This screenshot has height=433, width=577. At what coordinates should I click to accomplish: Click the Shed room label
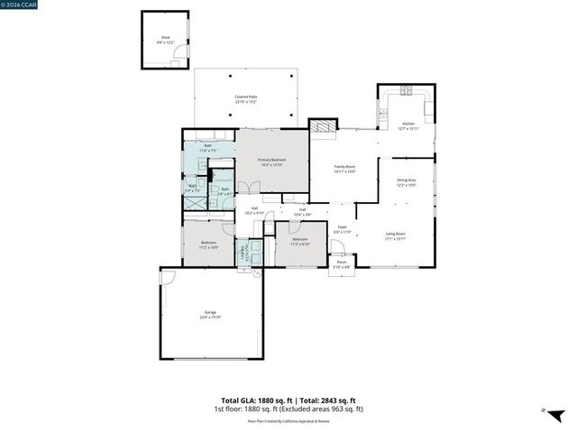tap(165, 39)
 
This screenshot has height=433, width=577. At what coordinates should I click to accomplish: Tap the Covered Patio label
tap(246, 99)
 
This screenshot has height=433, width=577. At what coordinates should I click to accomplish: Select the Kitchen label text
tap(408, 124)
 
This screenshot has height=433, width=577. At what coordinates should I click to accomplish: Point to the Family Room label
tap(345, 168)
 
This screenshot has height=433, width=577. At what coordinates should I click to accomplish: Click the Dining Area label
tap(407, 182)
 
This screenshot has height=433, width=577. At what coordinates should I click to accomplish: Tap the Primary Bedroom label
tap(271, 161)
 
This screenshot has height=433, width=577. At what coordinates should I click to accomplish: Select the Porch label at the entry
tap(342, 265)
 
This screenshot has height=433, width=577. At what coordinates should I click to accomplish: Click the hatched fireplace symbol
tap(323, 127)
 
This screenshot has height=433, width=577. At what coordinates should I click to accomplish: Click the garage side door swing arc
tap(168, 278)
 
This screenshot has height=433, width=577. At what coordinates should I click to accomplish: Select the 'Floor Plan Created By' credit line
tap(288, 420)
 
